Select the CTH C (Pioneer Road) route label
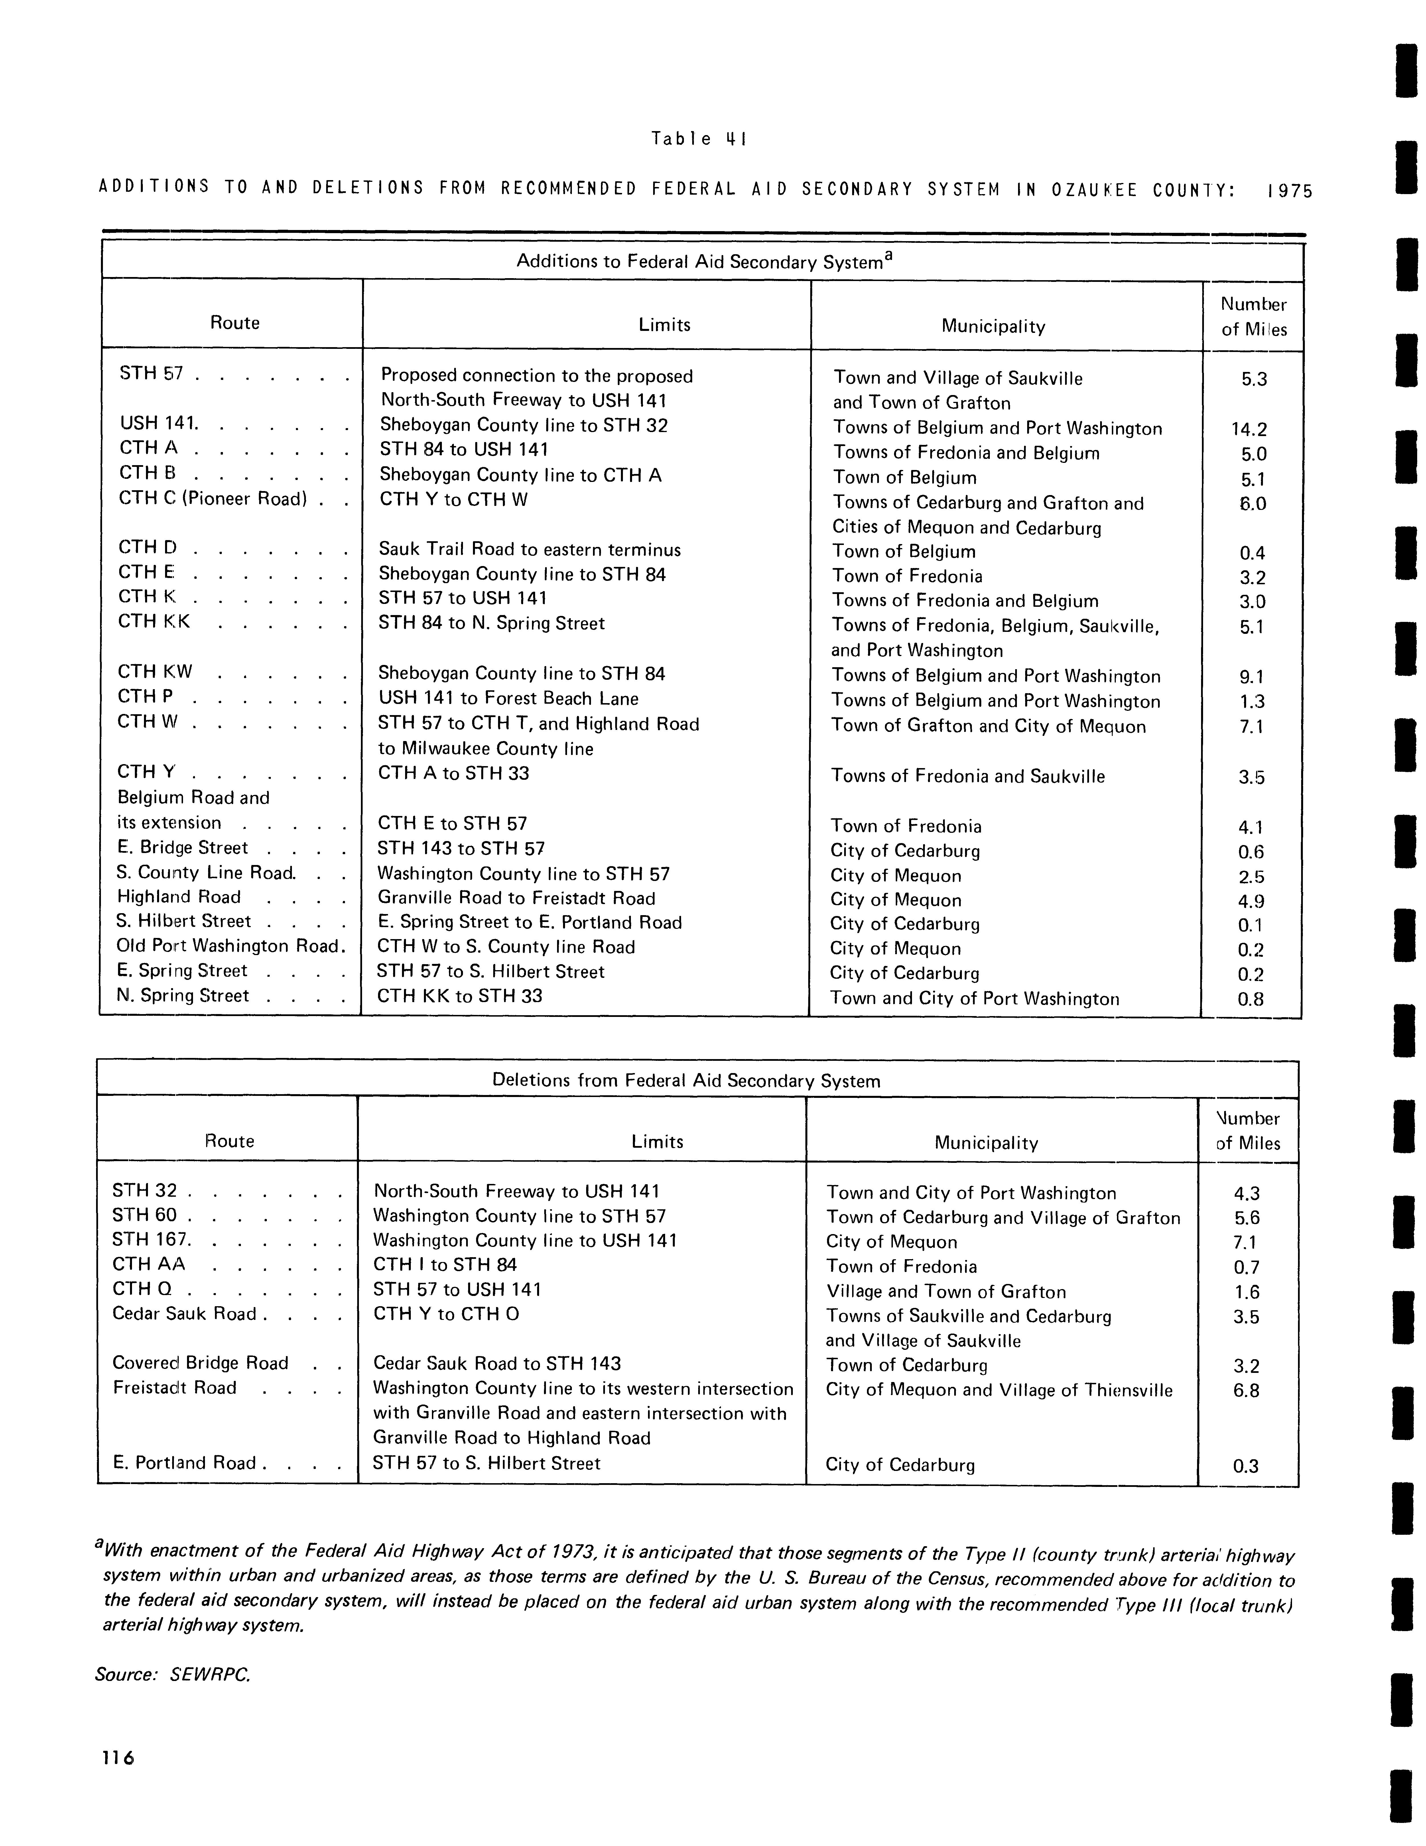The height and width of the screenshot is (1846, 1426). point(211,499)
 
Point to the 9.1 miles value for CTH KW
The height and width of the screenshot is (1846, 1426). point(1251,677)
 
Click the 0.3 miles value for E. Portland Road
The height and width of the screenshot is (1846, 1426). point(1246,1466)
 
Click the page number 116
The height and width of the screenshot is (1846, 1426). point(117,1758)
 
